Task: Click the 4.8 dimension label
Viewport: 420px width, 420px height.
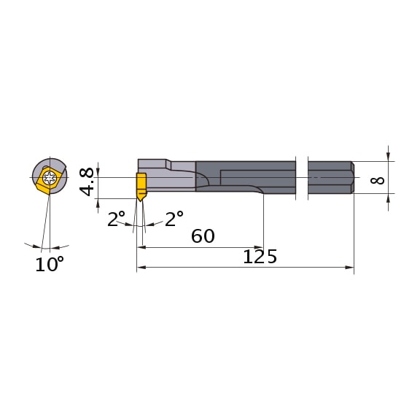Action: [87, 181]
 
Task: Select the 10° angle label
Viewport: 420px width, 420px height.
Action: [50, 264]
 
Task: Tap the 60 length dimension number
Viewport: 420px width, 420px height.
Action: [202, 236]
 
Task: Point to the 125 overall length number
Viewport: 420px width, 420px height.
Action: [260, 257]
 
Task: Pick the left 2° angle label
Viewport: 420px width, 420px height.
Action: [117, 219]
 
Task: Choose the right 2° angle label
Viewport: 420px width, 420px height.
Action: [174, 219]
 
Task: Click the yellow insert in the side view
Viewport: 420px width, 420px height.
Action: [141, 185]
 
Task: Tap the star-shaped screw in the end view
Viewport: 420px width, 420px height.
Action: [50, 177]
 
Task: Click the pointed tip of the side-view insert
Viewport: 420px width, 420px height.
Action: [141, 201]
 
